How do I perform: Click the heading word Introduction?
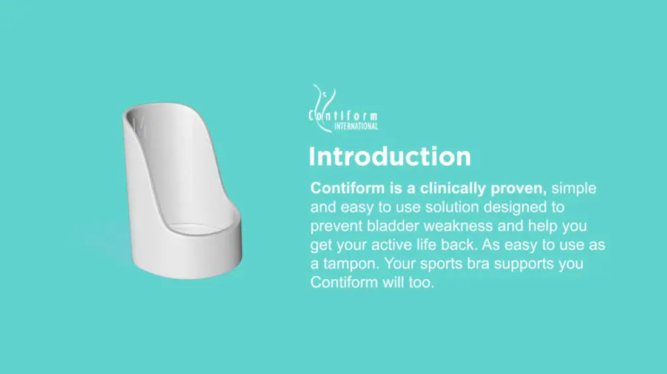pyautogui.click(x=390, y=156)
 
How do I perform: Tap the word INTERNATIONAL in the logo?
pyautogui.click(x=356, y=126)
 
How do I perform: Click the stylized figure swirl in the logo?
pyautogui.click(x=323, y=107)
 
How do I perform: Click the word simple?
pyautogui.click(x=574, y=189)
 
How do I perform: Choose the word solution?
pyautogui.click(x=452, y=207)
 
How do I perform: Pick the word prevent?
pyautogui.click(x=336, y=226)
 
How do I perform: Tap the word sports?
pyautogui.click(x=441, y=264)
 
